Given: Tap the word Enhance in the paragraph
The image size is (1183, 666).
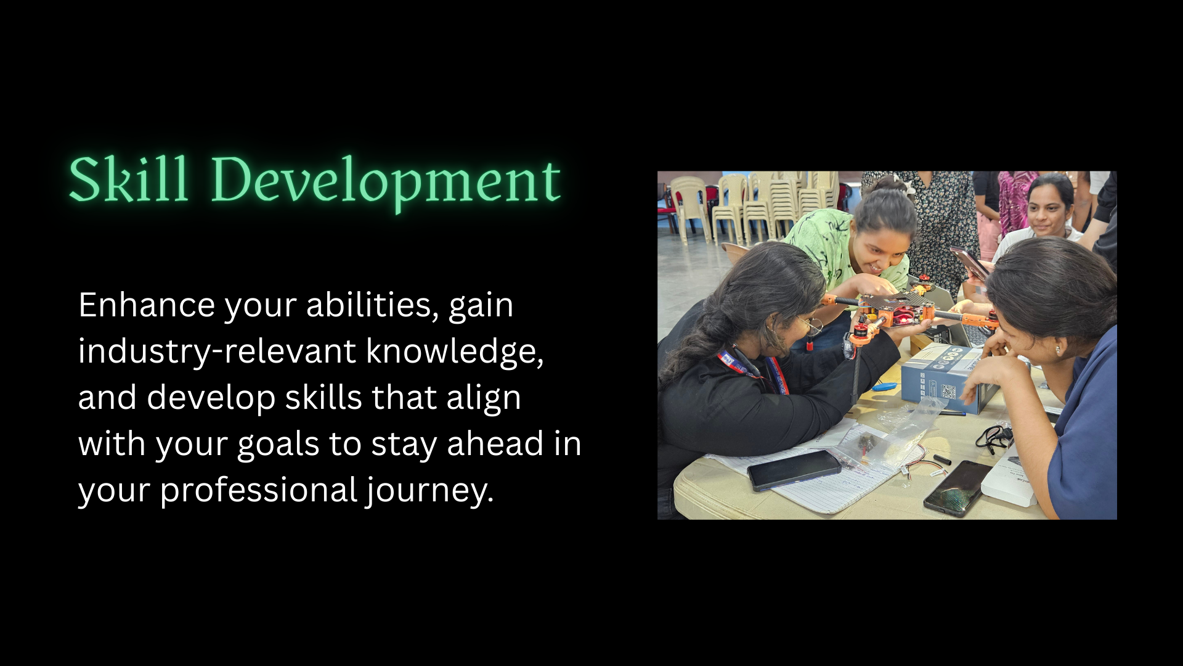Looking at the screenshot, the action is pyautogui.click(x=147, y=305).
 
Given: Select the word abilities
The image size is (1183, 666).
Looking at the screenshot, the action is pyautogui.click(x=373, y=305).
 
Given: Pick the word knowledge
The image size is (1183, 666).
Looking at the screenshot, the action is pyautogui.click(x=455, y=351).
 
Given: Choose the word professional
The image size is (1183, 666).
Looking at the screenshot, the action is pyautogui.click(x=259, y=490).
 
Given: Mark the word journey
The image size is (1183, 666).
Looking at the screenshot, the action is pyautogui.click(x=429, y=491).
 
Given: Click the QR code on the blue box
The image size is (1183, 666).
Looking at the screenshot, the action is pyautogui.click(x=948, y=392).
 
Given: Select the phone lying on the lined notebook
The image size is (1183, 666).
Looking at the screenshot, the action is pyautogui.click(x=794, y=470).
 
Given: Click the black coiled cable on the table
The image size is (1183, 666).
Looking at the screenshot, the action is pyautogui.click(x=993, y=437).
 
